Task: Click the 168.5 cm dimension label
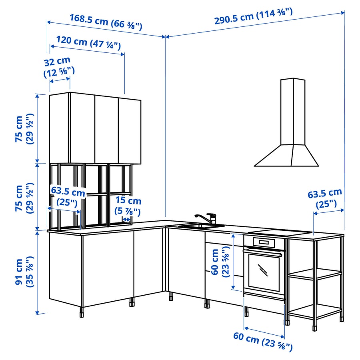click(x=106, y=22)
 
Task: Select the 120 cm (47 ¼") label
click(x=88, y=42)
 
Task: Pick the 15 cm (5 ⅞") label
click(x=128, y=206)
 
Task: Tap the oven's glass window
click(x=263, y=272)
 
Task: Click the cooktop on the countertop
click(x=280, y=232)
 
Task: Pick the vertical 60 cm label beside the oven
click(x=220, y=262)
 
